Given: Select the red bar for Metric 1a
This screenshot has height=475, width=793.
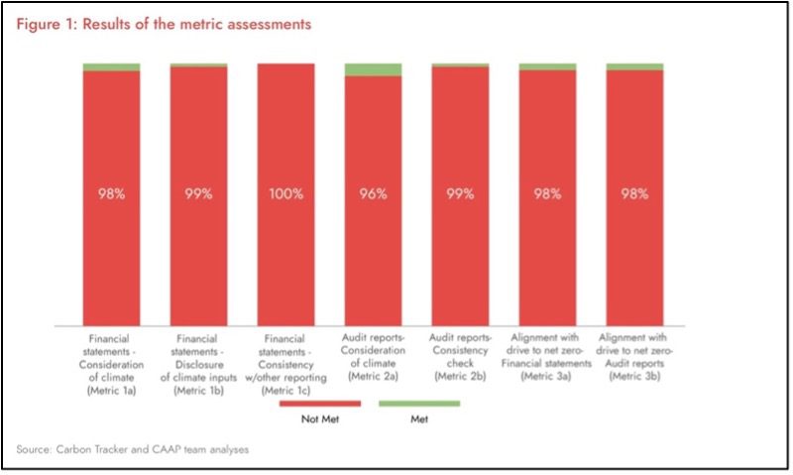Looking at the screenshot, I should point(111,248).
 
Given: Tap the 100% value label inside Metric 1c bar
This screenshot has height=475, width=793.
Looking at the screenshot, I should point(285,193).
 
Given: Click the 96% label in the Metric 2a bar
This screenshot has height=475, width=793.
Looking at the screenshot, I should point(373,193).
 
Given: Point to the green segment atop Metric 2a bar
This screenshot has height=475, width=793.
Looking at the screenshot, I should point(373,69).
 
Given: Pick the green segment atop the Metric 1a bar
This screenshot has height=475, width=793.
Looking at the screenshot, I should point(111,66).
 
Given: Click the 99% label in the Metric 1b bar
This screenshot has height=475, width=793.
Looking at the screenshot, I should point(198,193).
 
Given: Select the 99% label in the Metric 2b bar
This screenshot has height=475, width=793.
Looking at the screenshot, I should point(460,193).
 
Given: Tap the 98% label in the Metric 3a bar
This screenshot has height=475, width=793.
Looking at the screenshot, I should point(547,193).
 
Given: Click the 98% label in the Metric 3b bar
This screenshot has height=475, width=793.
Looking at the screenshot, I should point(634,193).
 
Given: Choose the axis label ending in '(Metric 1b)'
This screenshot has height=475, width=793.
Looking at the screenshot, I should point(198,363).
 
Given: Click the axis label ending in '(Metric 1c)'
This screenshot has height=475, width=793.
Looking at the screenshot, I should point(285,363).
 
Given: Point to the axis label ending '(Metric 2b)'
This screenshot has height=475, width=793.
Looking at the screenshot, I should point(460,357).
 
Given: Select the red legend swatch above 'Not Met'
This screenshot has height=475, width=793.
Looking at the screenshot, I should point(321,404).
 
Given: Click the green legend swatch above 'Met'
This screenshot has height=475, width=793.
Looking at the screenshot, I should point(420,404).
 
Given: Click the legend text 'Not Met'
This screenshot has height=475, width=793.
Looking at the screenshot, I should point(321,419).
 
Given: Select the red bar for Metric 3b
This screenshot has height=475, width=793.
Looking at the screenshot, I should point(634,248).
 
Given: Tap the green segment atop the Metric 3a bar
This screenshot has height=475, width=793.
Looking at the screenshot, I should point(547,66).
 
